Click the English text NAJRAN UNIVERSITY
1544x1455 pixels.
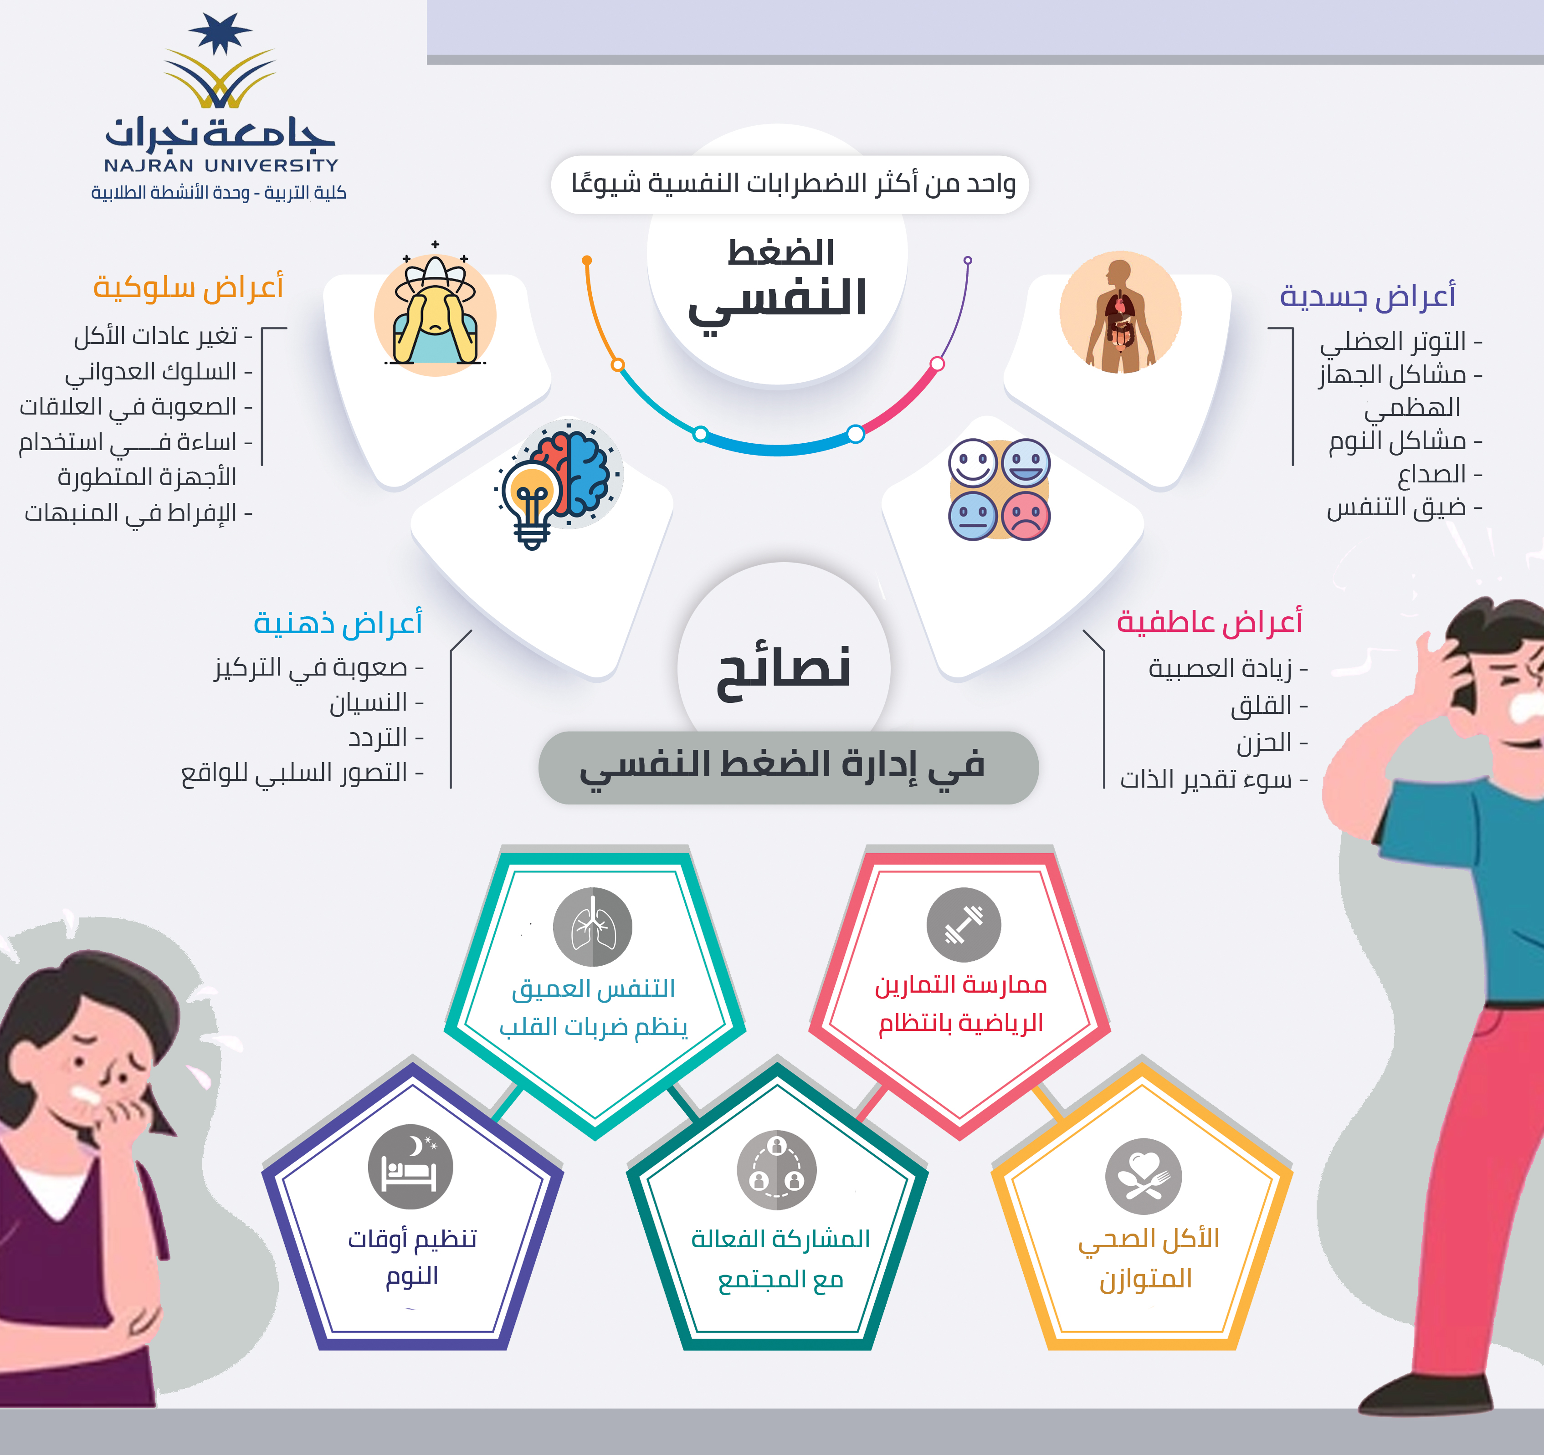click(221, 165)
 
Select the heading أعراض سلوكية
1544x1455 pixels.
click(188, 287)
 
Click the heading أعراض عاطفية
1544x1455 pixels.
click(1209, 622)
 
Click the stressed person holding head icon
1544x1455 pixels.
click(435, 311)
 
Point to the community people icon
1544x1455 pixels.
click(777, 1170)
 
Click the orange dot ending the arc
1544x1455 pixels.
click(587, 260)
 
